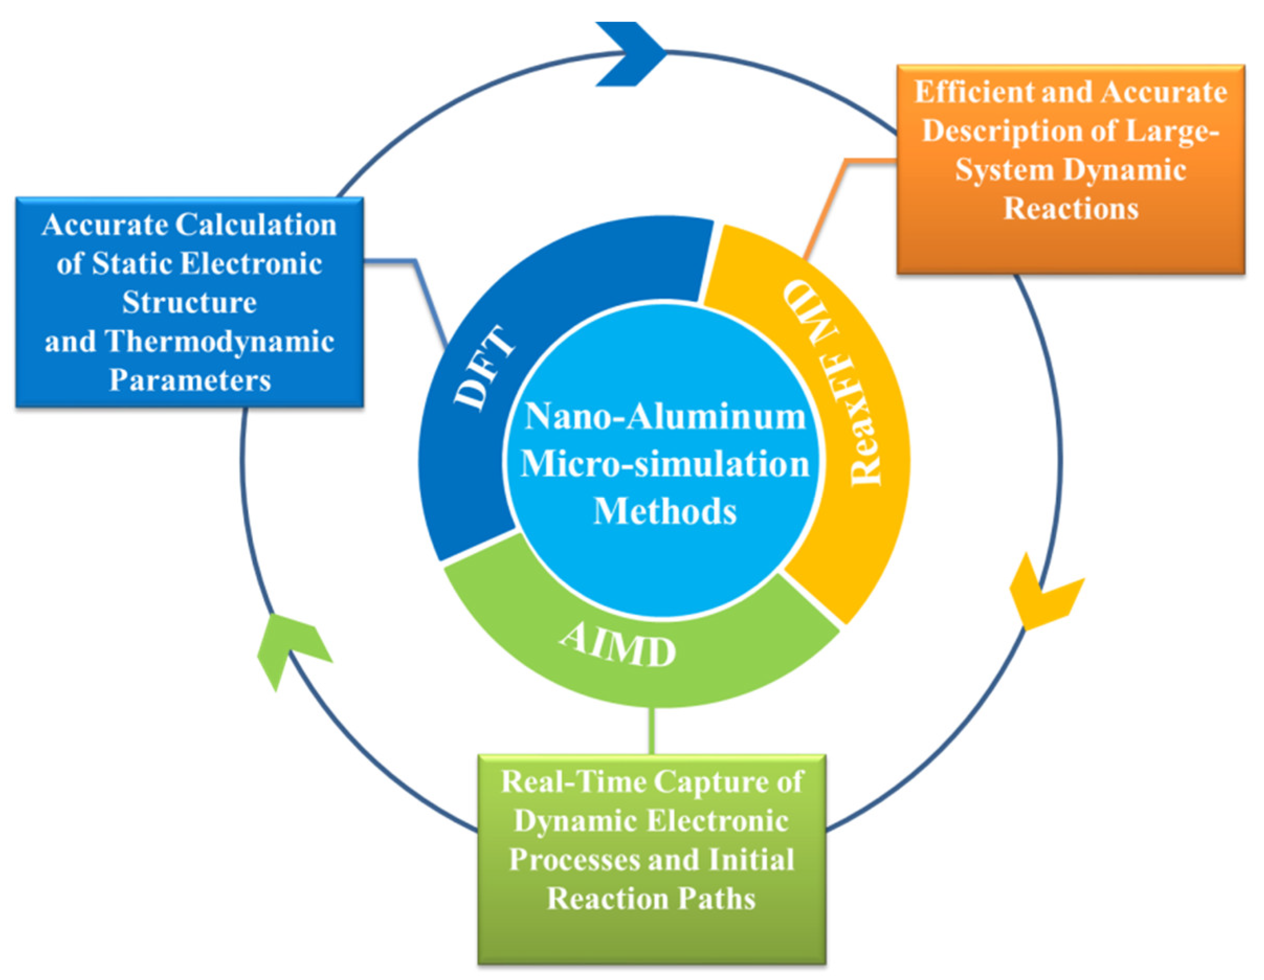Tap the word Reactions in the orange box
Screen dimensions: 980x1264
(x=1071, y=208)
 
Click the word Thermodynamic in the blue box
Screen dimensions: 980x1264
(x=220, y=341)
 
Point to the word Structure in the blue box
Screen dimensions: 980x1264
(x=190, y=302)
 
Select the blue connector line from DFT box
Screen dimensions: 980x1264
(x=417, y=272)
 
